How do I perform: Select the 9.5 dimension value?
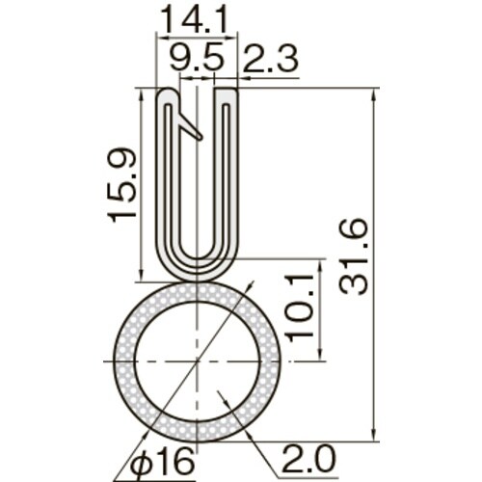tap(197, 59)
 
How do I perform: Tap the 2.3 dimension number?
tap(271, 59)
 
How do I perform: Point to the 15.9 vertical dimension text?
tap(121, 184)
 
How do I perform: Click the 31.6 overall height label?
tap(353, 256)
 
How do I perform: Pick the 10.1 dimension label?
tap(300, 308)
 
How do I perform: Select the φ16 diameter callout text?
tap(163, 462)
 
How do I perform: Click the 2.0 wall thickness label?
tap(308, 458)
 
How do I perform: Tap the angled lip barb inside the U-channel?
tap(190, 126)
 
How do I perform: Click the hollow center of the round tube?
tap(198, 361)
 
